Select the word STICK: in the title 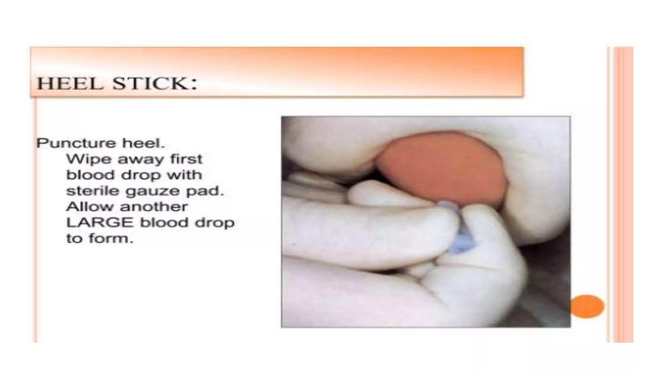tap(155, 84)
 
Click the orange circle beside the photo tap(587, 306)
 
